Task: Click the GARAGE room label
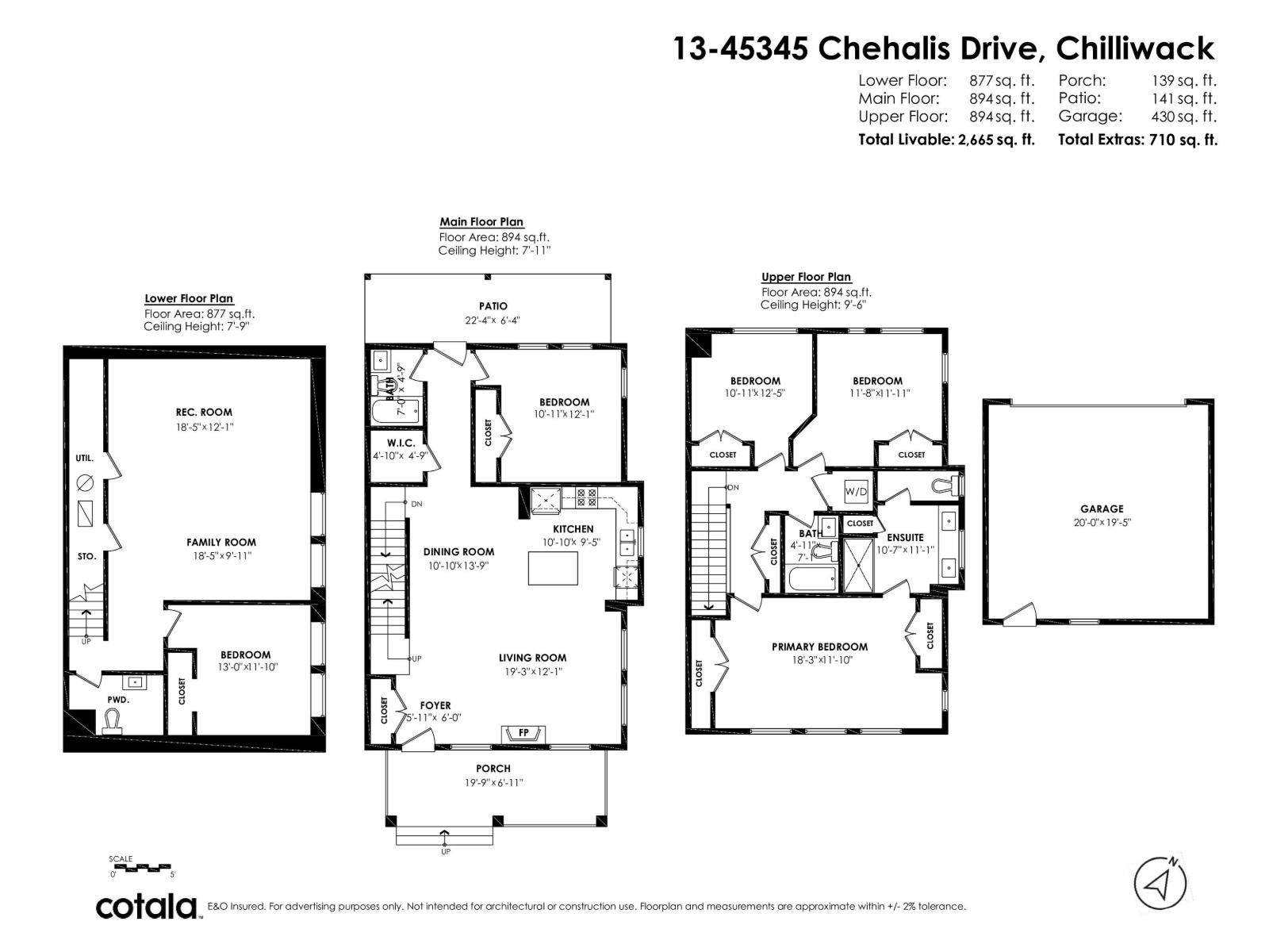[x=1101, y=509]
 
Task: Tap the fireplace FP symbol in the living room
[x=523, y=733]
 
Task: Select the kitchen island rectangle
[x=553, y=566]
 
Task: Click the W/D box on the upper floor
[x=856, y=491]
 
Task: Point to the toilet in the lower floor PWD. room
[x=113, y=720]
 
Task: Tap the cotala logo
[x=148, y=906]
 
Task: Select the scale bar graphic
[x=141, y=866]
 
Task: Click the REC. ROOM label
[x=204, y=412]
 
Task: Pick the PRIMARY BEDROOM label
[x=819, y=647]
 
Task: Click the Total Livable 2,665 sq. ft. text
[x=946, y=140]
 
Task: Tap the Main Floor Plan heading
[x=481, y=222]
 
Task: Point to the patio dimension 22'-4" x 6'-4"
[x=493, y=321]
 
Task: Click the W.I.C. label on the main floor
[x=401, y=443]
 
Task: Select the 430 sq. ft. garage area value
[x=1183, y=117]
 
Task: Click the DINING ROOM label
[x=458, y=552]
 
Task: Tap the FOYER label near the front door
[x=435, y=705]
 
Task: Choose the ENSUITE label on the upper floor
[x=904, y=537]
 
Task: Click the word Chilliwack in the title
[x=1136, y=49]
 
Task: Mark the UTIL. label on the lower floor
[x=85, y=458]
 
